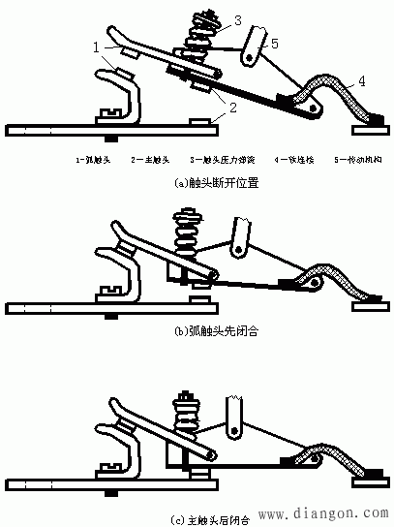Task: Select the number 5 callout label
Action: click(275, 42)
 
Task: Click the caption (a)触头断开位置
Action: click(197, 180)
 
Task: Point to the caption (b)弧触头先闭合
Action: click(197, 330)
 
